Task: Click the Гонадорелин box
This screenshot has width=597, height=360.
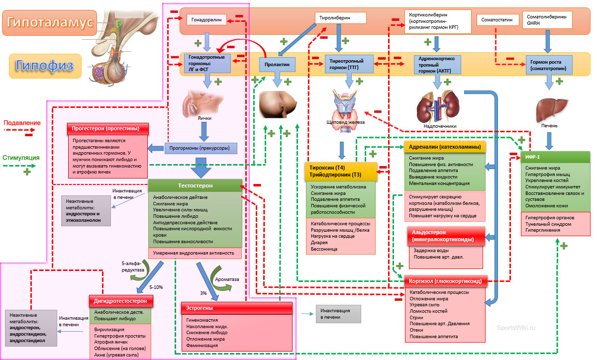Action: [x=206, y=20]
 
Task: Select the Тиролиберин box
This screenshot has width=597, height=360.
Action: [x=341, y=18]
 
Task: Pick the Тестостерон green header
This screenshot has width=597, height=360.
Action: [x=195, y=185]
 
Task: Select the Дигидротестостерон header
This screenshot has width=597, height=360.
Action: [x=121, y=301]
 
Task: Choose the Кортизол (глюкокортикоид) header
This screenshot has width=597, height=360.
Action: [x=445, y=281]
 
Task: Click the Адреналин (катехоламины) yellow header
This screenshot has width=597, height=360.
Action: [x=444, y=147]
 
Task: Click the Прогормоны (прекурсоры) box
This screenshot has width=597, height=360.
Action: [x=200, y=148]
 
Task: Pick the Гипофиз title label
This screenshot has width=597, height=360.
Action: [x=45, y=66]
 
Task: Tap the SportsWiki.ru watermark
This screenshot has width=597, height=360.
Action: [x=517, y=328]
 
